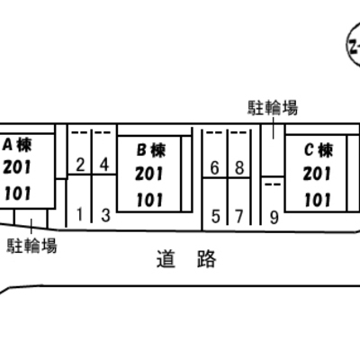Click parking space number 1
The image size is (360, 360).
click(x=79, y=214)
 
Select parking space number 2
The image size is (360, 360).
click(x=80, y=165)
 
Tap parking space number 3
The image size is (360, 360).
click(x=105, y=215)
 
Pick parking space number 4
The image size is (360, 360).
click(x=104, y=165)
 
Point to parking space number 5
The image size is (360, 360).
click(x=215, y=216)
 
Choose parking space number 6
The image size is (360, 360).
click(x=214, y=167)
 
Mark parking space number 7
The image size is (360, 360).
click(x=238, y=216)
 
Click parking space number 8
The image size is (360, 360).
click(x=239, y=167)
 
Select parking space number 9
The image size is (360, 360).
click(x=274, y=218)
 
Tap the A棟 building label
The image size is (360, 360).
click(x=17, y=146)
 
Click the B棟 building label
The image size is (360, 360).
click(x=151, y=150)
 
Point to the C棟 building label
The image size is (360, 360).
click(x=319, y=150)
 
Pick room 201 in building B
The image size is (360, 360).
click(x=149, y=174)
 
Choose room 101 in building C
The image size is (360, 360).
click(x=318, y=200)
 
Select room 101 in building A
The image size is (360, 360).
click(x=17, y=193)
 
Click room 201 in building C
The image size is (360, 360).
click(x=317, y=174)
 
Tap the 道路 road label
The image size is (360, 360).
click(x=186, y=259)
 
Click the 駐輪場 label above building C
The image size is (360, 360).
click(x=273, y=108)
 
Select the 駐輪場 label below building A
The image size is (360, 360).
click(x=31, y=246)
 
